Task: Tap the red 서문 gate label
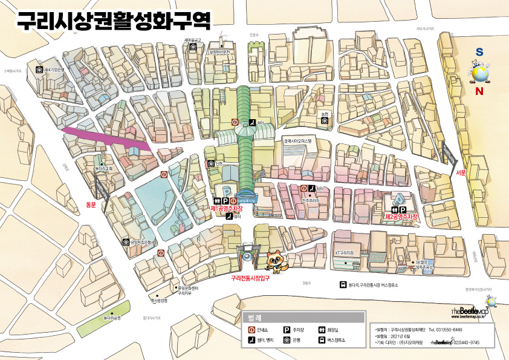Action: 461,172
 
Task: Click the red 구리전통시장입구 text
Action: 250,279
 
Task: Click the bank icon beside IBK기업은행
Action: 39,70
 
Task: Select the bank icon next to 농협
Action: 325,121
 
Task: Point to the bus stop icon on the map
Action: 343,284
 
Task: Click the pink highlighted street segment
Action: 106,137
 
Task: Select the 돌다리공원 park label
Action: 112,317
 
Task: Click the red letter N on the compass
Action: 479,92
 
